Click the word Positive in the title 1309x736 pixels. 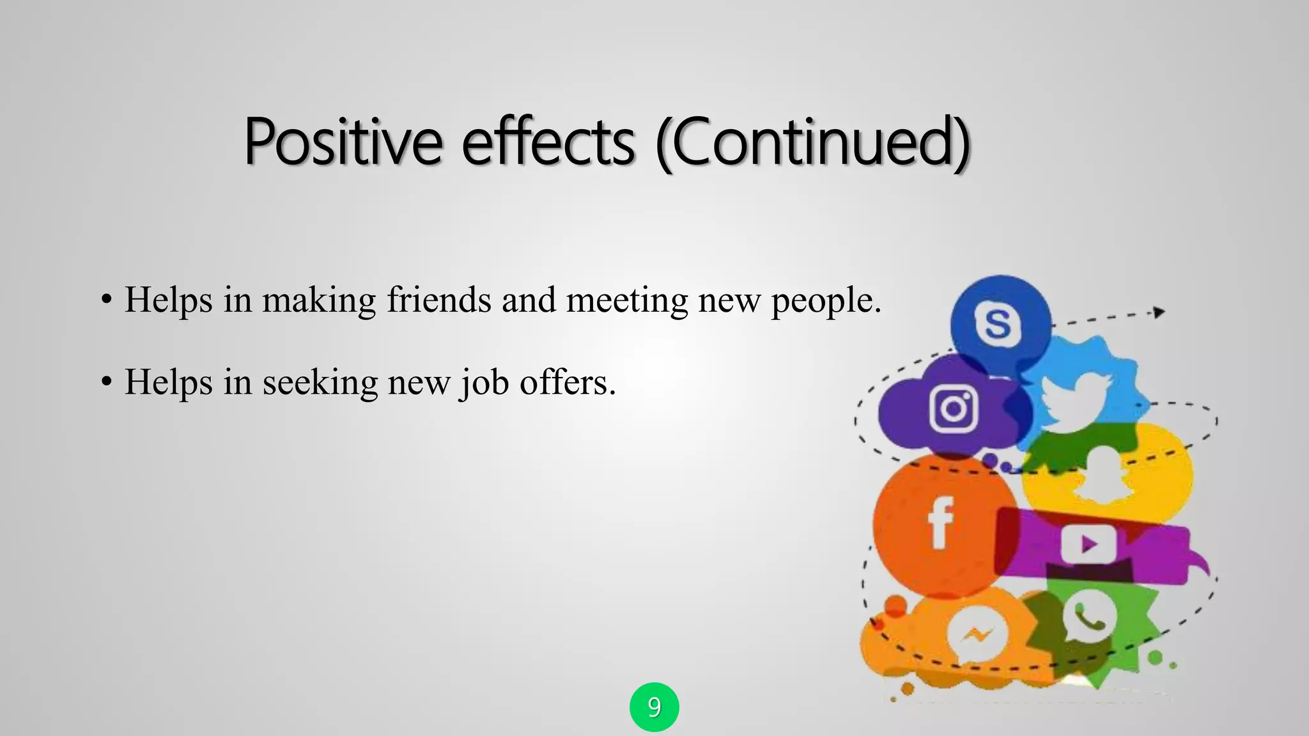click(343, 142)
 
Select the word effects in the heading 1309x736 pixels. click(548, 142)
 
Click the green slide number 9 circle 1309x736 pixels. click(654, 707)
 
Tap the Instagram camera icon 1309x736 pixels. click(953, 409)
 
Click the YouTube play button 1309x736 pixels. click(1088, 544)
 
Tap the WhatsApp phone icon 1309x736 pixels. click(1089, 616)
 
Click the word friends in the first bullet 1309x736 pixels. click(439, 300)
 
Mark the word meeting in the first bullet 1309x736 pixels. click(627, 301)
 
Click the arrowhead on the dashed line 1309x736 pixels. click(1159, 312)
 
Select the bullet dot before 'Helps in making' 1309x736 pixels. click(107, 300)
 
